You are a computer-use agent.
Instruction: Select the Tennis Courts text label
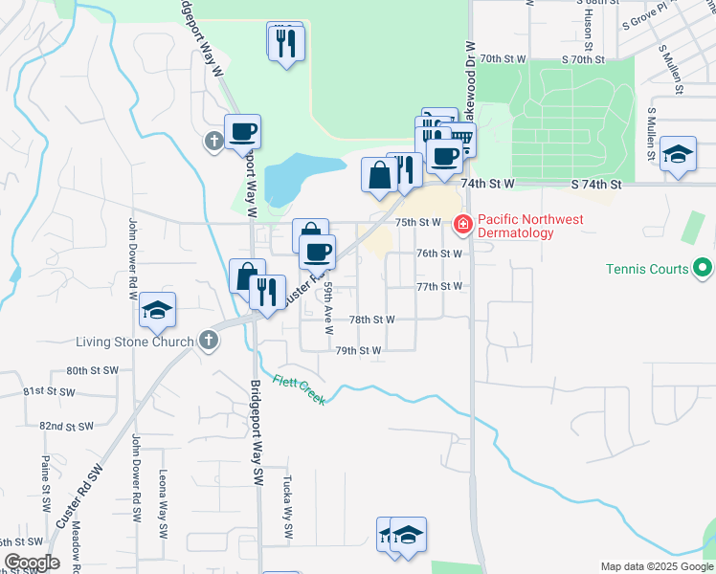(x=647, y=269)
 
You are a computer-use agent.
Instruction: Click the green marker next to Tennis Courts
(x=703, y=268)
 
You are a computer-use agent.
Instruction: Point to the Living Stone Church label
(x=137, y=341)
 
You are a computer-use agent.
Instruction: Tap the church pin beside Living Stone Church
(x=210, y=340)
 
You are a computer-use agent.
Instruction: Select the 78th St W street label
(x=371, y=320)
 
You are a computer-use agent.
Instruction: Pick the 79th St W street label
(x=358, y=350)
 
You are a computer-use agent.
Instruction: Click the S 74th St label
(x=595, y=183)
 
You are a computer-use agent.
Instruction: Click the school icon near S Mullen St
(x=678, y=154)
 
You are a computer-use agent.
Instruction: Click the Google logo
(x=31, y=563)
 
